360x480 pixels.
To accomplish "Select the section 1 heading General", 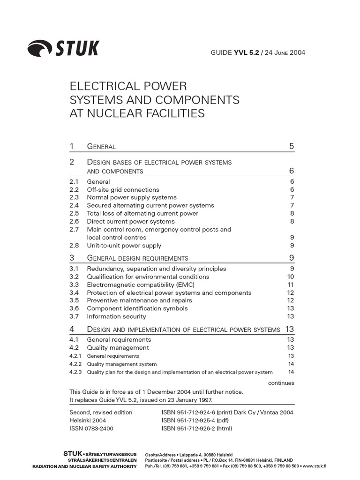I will [x=101, y=147].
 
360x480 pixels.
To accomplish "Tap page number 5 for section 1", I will [x=292, y=147].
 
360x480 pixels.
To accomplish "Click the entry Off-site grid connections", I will [x=123, y=189].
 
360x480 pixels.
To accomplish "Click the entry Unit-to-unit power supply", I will [x=124, y=245].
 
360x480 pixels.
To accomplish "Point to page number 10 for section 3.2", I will [x=290, y=277].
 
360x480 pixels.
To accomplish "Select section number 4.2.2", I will [x=75, y=364].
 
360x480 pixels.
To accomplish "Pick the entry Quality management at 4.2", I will [x=118, y=347].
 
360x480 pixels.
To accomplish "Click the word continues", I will [x=281, y=383].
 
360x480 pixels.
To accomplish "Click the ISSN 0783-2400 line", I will [x=91, y=428].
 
